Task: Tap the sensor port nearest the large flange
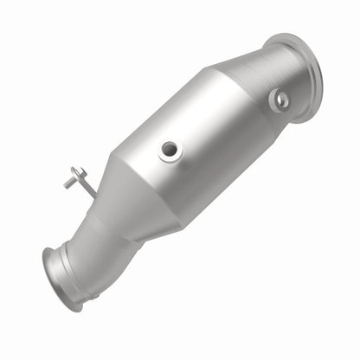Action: pos(279,100)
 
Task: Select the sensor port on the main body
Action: pos(170,151)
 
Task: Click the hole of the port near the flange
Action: pos(280,100)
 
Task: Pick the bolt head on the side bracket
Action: pos(67,182)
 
